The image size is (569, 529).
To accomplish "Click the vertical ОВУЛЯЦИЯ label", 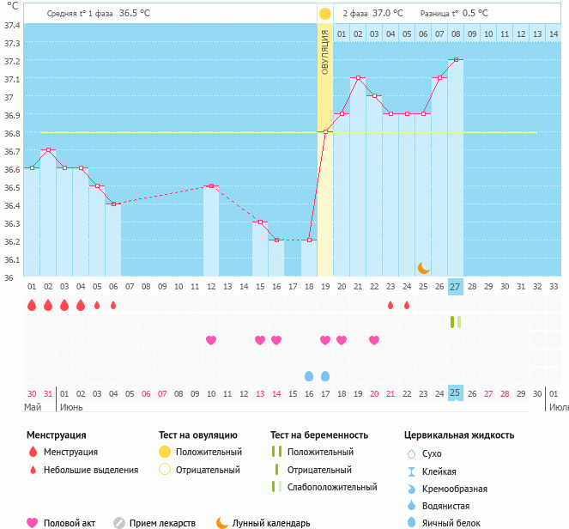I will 325,52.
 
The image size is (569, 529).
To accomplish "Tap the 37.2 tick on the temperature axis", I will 12,61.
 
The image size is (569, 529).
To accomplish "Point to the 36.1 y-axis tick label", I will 12,259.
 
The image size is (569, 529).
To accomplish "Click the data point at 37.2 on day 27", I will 456,60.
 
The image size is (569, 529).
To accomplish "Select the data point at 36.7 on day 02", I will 48,150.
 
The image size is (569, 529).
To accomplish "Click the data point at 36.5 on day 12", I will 211,186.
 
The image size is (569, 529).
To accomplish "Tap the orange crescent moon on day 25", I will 423,268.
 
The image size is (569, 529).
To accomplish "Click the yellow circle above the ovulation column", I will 325,14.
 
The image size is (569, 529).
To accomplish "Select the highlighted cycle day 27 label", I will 456,286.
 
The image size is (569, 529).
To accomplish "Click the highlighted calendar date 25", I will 456,393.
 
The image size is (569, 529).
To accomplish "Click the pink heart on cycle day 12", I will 211,340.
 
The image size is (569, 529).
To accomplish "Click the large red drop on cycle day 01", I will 32,305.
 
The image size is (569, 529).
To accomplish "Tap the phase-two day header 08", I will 456,34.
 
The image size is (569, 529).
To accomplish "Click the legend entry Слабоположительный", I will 331,487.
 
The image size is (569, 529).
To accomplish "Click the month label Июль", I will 558,407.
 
